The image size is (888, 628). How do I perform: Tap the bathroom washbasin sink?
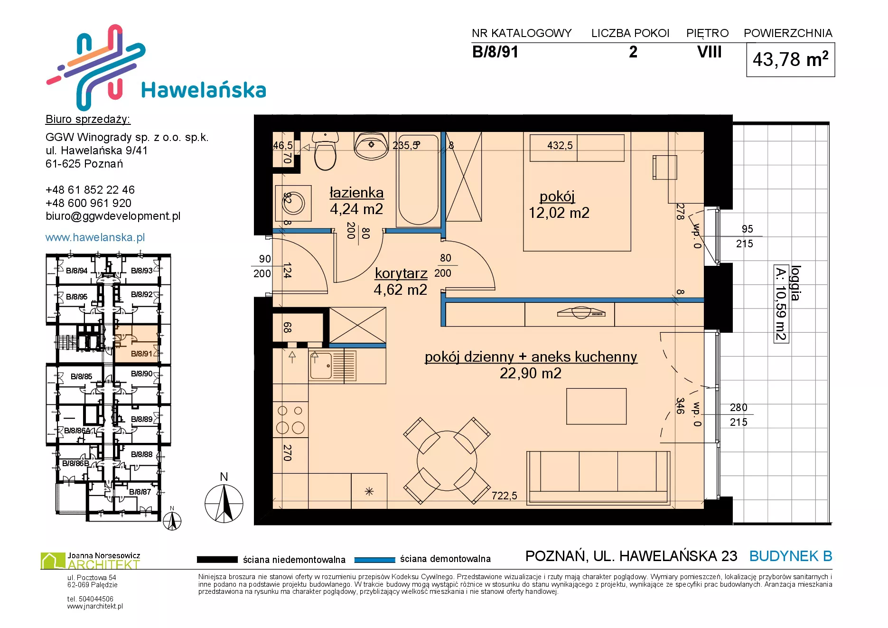pos(371,145)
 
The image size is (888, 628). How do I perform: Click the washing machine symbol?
pos(293,203)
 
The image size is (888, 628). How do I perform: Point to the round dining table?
pos(447,460)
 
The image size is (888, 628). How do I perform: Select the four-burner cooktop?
pos(290,420)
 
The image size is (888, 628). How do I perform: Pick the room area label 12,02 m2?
pos(559,213)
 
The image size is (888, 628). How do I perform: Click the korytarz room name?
pos(401,273)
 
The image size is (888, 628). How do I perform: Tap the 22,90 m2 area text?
pos(531,373)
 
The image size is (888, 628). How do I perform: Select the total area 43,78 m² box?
pos(791,60)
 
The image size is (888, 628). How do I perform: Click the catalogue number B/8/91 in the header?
pos(495,52)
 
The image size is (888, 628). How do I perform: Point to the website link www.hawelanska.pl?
pos(95,237)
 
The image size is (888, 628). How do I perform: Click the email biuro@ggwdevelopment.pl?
pos(113,216)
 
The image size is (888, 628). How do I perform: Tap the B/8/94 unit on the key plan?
pos(76,271)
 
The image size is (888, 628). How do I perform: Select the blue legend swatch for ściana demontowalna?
pos(375,560)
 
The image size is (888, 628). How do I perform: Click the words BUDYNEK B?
pos(791,556)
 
